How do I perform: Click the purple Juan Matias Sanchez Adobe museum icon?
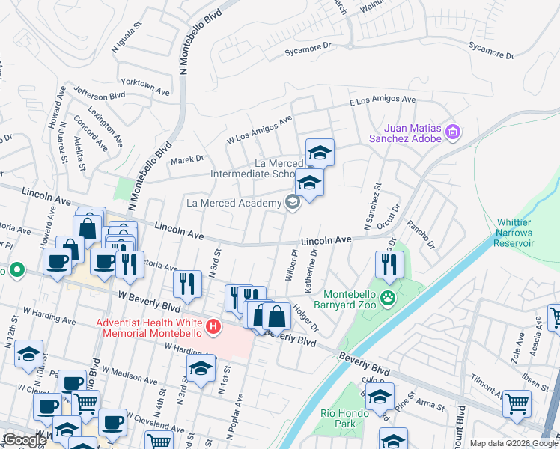pos(452,133)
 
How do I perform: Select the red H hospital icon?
pos(214,327)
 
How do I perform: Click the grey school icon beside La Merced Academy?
pos(292,202)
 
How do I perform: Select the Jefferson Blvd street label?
pos(99,96)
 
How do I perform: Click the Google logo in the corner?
pos(25,440)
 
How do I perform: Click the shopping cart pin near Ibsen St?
pos(517,404)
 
